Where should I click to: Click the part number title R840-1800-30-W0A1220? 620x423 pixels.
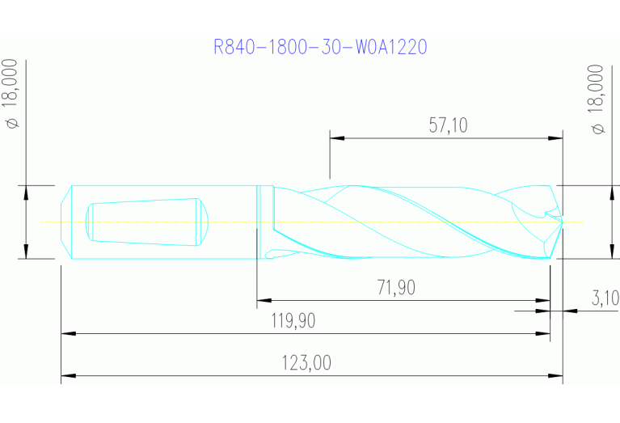click(x=320, y=47)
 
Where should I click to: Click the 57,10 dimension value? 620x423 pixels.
click(x=448, y=125)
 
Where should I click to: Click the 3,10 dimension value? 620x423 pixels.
click(x=605, y=298)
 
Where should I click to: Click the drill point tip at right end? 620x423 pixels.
click(x=560, y=221)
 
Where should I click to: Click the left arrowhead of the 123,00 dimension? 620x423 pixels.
click(x=67, y=376)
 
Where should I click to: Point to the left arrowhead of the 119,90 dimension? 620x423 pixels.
click(x=67, y=332)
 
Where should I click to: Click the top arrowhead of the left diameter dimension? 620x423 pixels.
click(x=27, y=191)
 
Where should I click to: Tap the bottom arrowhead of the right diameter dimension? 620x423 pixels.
click(x=609, y=252)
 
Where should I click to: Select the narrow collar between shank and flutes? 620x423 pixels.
click(x=259, y=222)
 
